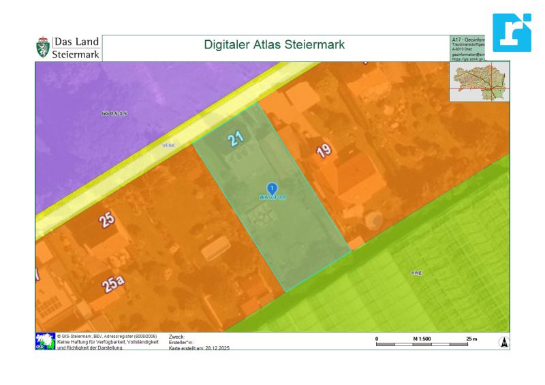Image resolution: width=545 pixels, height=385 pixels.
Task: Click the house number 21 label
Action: coord(236,140)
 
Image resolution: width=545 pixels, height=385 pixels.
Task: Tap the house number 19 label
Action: coord(324,151)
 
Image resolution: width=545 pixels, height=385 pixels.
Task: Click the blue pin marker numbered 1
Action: coord(272,188)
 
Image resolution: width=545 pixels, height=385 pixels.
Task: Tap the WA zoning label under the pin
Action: coord(272,198)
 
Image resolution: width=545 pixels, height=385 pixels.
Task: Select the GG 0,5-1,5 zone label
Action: coord(114,113)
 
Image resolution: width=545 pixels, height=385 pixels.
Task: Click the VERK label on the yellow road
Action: coord(168,145)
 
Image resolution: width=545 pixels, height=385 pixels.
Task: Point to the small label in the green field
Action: coord(416,272)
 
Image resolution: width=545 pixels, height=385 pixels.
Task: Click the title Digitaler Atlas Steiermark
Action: coord(275,45)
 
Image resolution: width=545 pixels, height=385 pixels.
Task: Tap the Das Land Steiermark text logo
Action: coord(76,48)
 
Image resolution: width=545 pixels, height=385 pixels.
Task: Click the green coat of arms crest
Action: coord(43,48)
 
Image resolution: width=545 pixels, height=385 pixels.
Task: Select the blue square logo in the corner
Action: coord(512,32)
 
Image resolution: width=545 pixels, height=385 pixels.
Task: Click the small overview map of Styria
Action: coord(480,82)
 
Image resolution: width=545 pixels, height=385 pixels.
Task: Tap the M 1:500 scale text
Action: coord(422,338)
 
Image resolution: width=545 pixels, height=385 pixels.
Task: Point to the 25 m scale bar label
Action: coord(471,338)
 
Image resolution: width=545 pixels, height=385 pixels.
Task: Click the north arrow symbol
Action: coord(504,343)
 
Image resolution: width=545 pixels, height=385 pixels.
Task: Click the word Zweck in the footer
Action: coord(176,337)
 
